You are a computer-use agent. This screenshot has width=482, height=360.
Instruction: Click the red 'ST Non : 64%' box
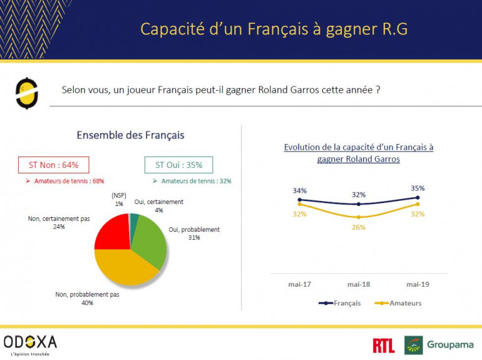click(53, 165)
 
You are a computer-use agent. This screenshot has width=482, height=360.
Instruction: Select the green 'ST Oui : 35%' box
click(175, 165)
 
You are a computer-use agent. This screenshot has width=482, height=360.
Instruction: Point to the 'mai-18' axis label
click(358, 284)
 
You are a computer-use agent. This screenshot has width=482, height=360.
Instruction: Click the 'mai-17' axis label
click(299, 284)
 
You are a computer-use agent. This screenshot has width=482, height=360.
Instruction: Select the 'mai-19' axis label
click(418, 284)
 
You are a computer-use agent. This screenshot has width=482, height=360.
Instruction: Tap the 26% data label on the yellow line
click(358, 227)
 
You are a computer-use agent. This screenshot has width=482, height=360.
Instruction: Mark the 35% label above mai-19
click(418, 188)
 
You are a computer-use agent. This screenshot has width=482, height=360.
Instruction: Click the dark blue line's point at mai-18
click(358, 204)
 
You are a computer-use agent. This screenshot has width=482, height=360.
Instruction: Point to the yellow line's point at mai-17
click(299, 204)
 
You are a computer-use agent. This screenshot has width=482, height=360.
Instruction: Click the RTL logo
click(383, 345)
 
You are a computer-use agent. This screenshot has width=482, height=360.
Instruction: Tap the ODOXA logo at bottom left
click(30, 343)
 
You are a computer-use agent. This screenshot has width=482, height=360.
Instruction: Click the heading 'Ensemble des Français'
click(130, 135)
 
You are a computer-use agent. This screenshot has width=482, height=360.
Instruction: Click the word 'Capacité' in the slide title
click(165, 29)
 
